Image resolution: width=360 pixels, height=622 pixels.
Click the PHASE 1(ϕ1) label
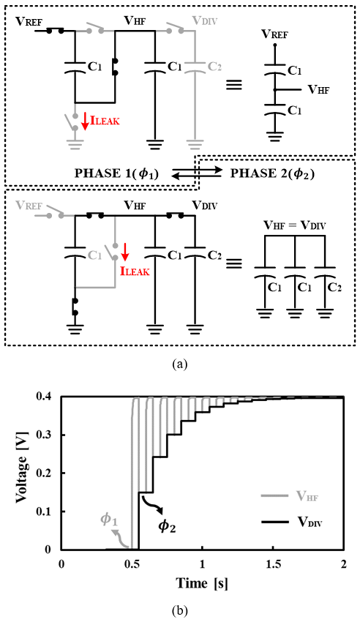point(116,173)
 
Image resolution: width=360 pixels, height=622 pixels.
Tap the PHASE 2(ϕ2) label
point(272,173)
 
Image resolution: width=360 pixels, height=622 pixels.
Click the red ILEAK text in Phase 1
point(105,120)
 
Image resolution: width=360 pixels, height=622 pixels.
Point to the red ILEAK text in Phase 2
point(135,271)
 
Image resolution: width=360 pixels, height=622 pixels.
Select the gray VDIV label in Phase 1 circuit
point(204,20)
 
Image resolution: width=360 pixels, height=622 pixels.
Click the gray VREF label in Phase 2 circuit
point(29,205)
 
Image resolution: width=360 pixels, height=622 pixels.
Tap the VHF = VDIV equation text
point(295,225)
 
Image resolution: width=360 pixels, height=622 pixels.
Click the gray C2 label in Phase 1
point(214,67)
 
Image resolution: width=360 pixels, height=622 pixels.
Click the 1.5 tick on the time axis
point(272,564)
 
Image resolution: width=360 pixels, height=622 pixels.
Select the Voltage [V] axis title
point(22,473)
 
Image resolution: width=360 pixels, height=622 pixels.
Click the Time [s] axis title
point(202,583)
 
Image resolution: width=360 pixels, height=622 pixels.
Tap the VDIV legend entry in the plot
point(292,522)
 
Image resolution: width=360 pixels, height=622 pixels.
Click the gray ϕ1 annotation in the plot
point(110,520)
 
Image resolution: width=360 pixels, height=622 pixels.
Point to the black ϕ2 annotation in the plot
point(167,526)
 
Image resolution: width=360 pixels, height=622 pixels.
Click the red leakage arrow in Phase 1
point(85,121)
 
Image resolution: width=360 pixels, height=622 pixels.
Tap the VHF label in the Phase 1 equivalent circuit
point(319,90)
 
